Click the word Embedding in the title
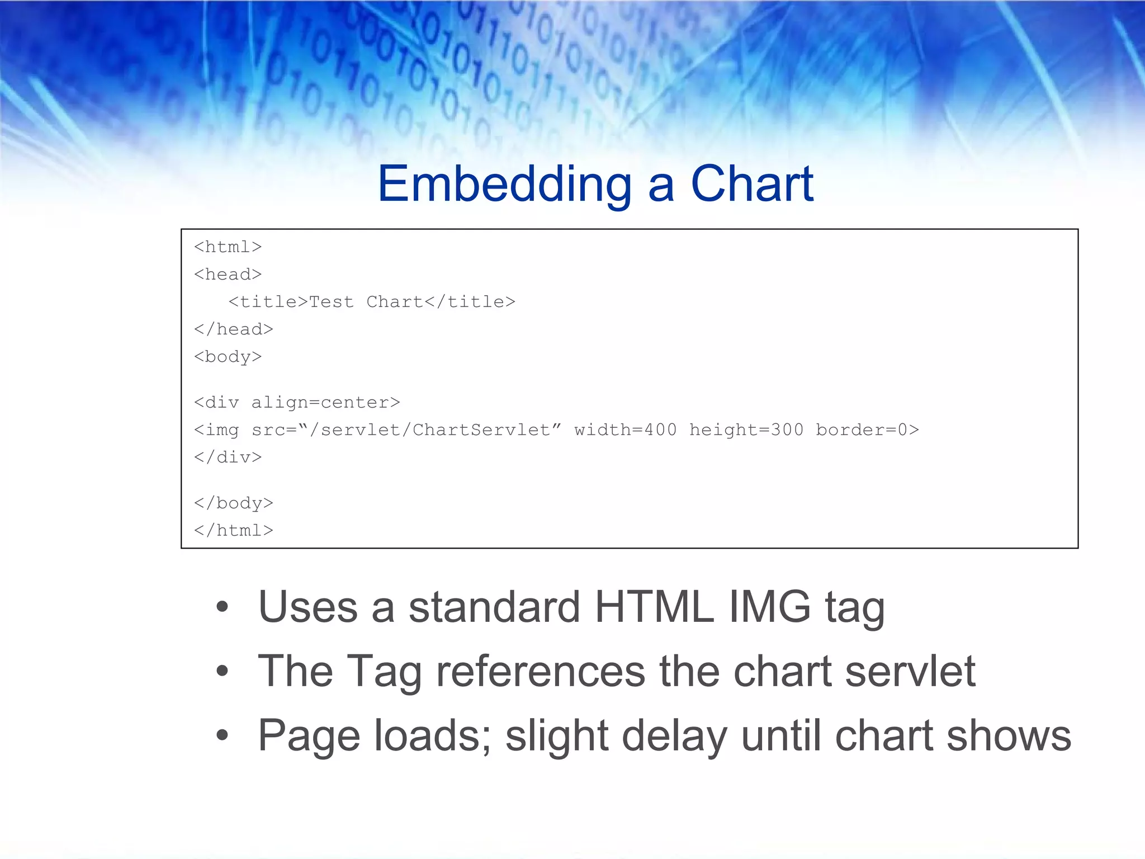pyautogui.click(x=504, y=185)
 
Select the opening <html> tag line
pyautogui.click(x=228, y=247)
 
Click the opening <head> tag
pyautogui.click(x=228, y=274)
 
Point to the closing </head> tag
pyautogui.click(x=233, y=329)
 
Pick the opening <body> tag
pyautogui.click(x=228, y=356)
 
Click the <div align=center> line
pyautogui.click(x=297, y=402)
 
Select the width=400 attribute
pyautogui.click(x=625, y=429)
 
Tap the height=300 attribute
pyautogui.click(x=746, y=429)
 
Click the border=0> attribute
pyautogui.click(x=867, y=429)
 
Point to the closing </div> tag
pyautogui.click(x=228, y=457)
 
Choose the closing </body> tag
pyautogui.click(x=233, y=503)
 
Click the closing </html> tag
pyautogui.click(x=233, y=530)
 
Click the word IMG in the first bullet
pyautogui.click(x=769, y=607)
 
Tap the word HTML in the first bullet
pyautogui.click(x=654, y=607)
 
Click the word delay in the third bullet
pyautogui.click(x=674, y=735)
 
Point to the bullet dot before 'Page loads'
pyautogui.click(x=223, y=735)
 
